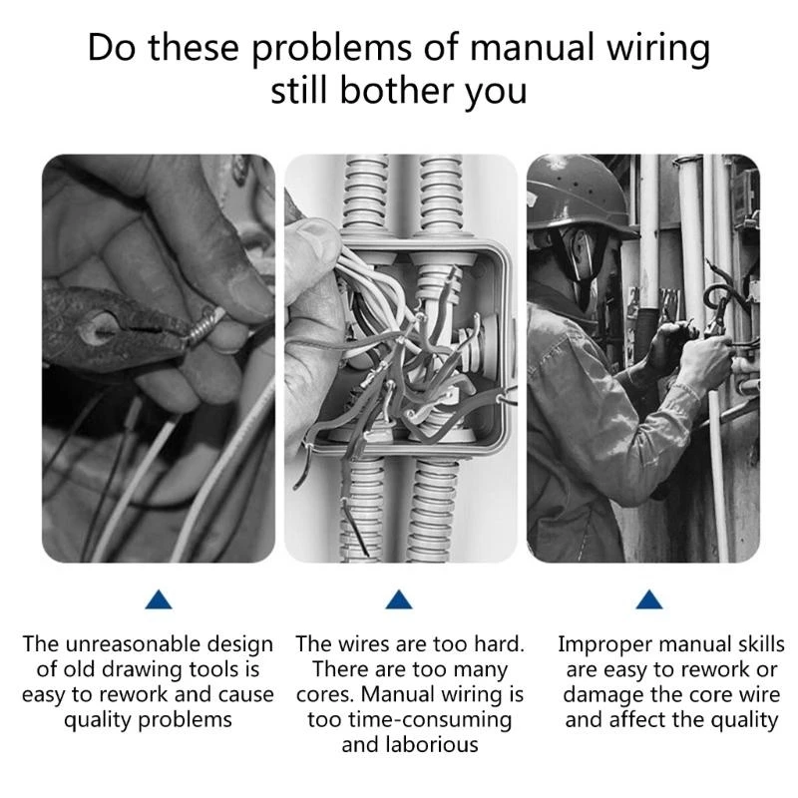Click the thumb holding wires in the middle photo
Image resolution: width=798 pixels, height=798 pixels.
coord(317,244)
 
